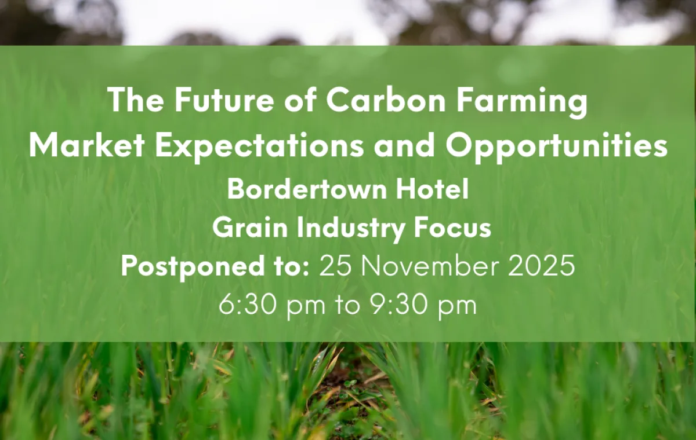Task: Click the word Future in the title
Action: pos(224,99)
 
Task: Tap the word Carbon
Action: pos(386,99)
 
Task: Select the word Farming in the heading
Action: pos(521,102)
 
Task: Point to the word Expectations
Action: pos(259,147)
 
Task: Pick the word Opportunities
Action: pos(556,147)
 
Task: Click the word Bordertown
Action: pos(307,189)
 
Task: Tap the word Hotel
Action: pos(432,189)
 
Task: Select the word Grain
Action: pos(250,228)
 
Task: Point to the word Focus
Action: pos(452,228)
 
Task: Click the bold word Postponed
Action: pos(193,267)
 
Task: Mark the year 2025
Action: pos(541,266)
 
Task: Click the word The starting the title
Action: pos(136,99)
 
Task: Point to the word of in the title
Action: pos(300,99)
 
